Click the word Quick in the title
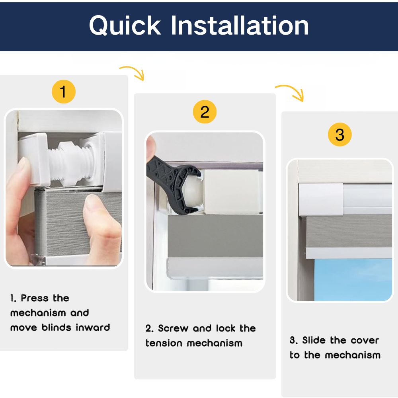click(125, 26)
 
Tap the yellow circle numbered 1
click(63, 92)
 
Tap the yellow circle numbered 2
click(205, 112)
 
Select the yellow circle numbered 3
click(339, 135)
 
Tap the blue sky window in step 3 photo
click(353, 280)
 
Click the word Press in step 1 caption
click(35, 298)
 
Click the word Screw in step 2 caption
click(173, 328)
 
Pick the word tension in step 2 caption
click(164, 343)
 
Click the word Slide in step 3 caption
click(314, 340)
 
